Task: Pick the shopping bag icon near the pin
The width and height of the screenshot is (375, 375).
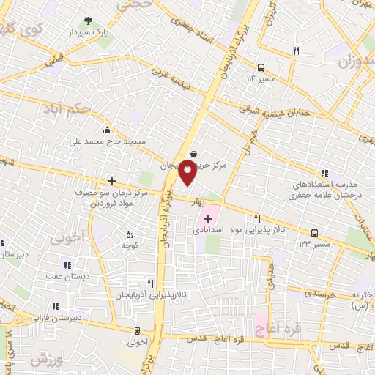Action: click(x=193, y=154)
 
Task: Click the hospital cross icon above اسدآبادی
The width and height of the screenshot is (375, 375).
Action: click(x=209, y=218)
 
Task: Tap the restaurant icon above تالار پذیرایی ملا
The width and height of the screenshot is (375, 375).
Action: click(x=257, y=218)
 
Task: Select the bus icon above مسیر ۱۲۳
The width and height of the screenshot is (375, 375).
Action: click(x=314, y=233)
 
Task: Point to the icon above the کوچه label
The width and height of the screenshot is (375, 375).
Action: click(x=130, y=234)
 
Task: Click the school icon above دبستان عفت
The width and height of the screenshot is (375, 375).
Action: click(x=67, y=265)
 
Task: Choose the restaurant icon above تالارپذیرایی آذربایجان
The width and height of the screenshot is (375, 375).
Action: click(x=150, y=282)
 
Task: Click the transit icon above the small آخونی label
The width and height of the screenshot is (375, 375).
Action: click(x=138, y=330)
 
